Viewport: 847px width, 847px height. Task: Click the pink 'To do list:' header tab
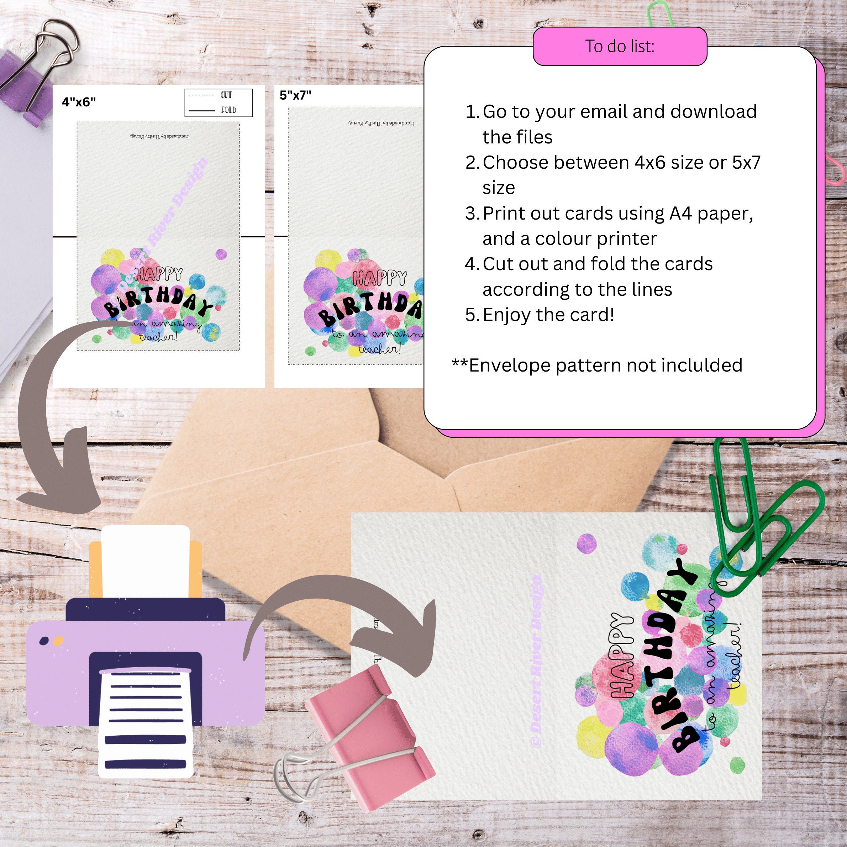(620, 46)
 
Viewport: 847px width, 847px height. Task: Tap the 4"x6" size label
(79, 102)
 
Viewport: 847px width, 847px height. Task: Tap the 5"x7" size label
(295, 95)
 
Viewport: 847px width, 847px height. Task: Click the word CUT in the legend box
(226, 95)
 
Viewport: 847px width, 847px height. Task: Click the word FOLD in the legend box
(228, 110)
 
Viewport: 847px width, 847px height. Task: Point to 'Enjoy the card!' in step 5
(548, 315)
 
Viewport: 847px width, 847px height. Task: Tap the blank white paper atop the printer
(146, 561)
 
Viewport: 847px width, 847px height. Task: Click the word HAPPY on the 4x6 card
(159, 275)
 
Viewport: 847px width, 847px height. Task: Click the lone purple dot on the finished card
(586, 543)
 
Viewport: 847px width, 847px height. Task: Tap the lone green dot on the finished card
(737, 765)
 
